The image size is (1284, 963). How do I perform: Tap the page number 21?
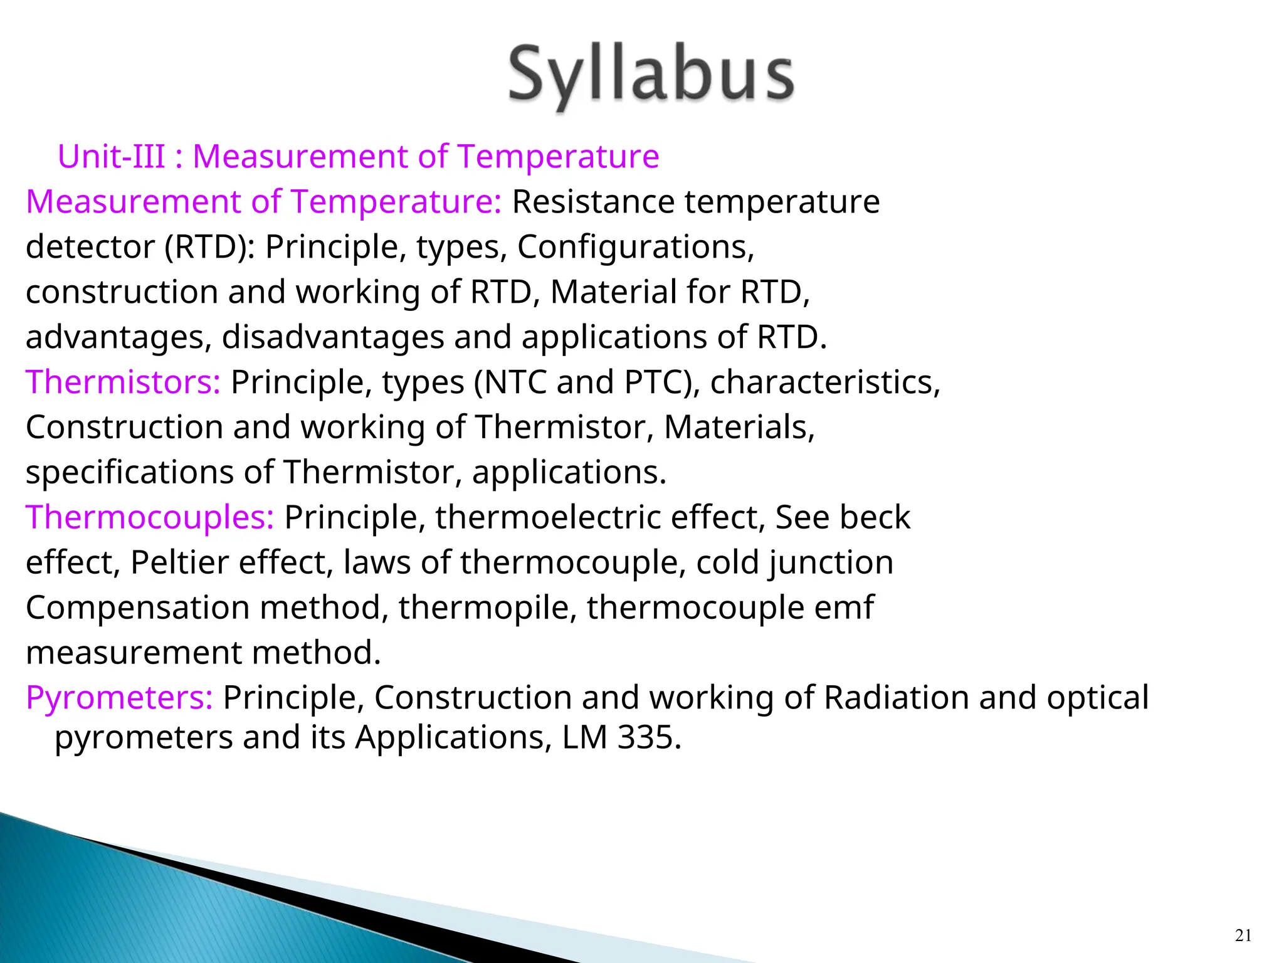[x=1243, y=935]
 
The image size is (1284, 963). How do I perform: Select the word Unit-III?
[x=112, y=156]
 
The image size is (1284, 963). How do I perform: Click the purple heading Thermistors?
[x=123, y=382]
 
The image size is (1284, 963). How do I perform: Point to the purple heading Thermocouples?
[x=150, y=517]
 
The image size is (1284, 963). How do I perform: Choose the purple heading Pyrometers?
[x=120, y=697]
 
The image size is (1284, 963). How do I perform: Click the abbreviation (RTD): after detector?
[x=209, y=246]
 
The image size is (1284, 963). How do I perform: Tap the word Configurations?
[x=635, y=246]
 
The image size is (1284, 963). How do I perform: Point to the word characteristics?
[x=824, y=382]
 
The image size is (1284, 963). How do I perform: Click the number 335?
[x=645, y=737]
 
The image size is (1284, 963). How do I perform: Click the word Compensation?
[x=137, y=608]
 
